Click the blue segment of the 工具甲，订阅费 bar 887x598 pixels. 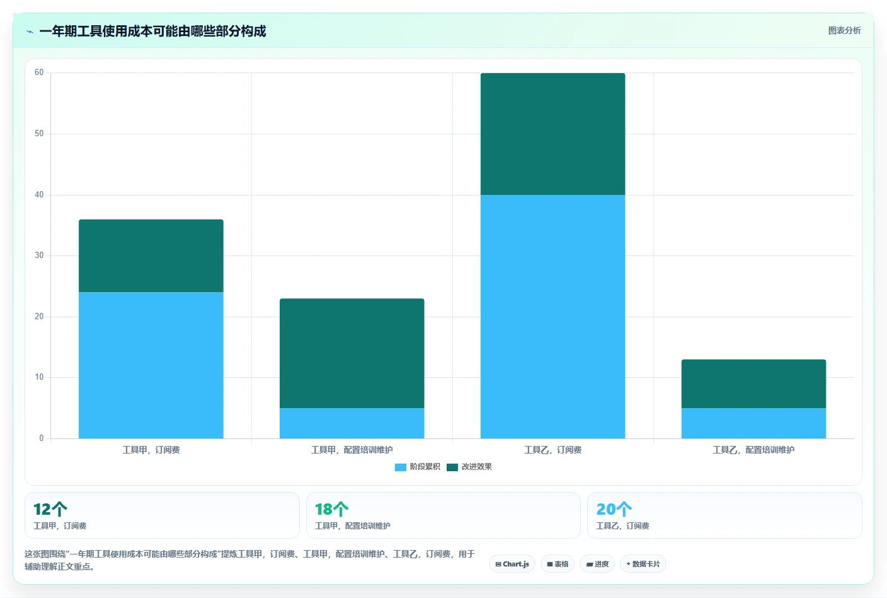point(151,365)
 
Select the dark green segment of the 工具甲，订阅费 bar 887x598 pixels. point(151,255)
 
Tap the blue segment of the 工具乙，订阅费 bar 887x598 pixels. point(552,317)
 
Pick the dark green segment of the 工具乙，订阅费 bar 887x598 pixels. point(552,134)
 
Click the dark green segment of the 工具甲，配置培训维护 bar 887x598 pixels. point(352,353)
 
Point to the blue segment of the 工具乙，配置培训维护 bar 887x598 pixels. point(753,423)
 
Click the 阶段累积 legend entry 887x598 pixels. point(418,467)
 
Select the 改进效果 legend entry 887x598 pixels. point(469,467)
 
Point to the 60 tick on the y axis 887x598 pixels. point(39,72)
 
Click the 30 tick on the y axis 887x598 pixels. point(39,255)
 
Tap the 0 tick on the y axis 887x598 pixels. point(41,438)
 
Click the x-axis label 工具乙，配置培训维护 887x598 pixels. point(753,450)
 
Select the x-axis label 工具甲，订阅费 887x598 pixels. point(151,450)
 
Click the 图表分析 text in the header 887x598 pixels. point(844,30)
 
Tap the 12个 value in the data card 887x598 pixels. point(50,509)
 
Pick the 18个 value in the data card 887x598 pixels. point(331,509)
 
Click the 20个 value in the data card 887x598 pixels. point(614,509)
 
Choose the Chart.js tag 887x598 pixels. point(512,564)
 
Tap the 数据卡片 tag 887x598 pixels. point(643,564)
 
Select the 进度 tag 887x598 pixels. point(597,564)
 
